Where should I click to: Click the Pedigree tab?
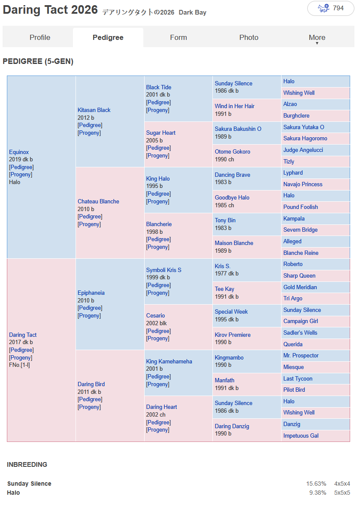(x=108, y=37)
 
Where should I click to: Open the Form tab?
(x=178, y=37)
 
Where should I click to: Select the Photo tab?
(x=248, y=37)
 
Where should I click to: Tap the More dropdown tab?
(x=317, y=38)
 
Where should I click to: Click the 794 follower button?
(x=331, y=9)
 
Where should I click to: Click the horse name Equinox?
(x=19, y=152)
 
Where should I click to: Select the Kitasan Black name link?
(x=94, y=110)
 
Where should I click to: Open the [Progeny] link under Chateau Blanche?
(x=89, y=224)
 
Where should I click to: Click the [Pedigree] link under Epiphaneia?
(x=90, y=308)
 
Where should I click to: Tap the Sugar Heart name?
(x=160, y=133)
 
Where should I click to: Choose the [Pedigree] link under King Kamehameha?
(x=158, y=376)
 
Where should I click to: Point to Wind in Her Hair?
(x=234, y=106)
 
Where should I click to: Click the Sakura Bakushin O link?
(x=238, y=129)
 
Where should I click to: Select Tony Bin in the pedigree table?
(x=225, y=220)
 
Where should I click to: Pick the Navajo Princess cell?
(x=303, y=184)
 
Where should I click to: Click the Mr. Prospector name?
(x=301, y=356)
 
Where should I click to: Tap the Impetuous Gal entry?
(x=301, y=436)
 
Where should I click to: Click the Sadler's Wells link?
(x=300, y=333)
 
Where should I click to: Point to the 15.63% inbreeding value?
(x=316, y=484)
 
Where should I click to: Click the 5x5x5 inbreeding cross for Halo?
(x=342, y=493)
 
